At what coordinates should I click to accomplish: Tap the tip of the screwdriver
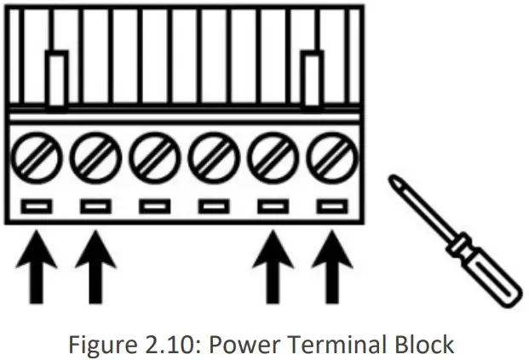[394, 179]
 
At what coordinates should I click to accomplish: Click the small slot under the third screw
[152, 205]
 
